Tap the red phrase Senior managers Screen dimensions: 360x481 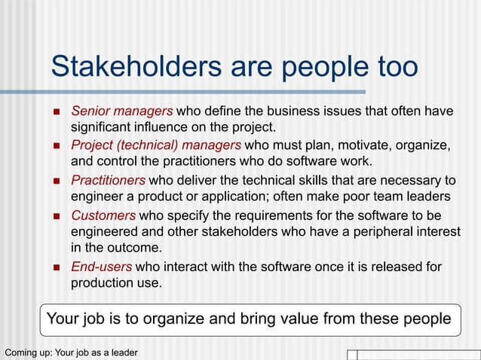121,111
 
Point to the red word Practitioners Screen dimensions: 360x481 108,180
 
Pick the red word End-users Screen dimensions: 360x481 101,267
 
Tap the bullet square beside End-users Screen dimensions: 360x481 57,267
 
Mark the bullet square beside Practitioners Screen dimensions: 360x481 57,181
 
